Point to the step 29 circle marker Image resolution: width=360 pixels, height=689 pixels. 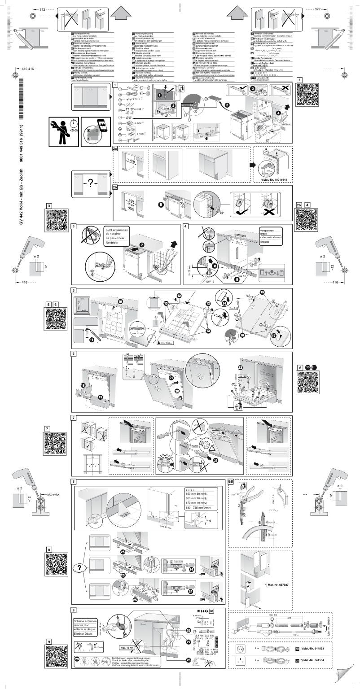pos(78,659)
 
